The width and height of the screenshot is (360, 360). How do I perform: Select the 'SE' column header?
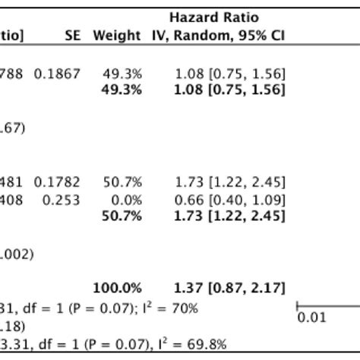click(74, 36)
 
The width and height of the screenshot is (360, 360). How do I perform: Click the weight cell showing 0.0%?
click(122, 200)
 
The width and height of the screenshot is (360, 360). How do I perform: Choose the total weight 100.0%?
click(117, 288)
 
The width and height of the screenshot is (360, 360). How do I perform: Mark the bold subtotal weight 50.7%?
click(121, 217)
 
